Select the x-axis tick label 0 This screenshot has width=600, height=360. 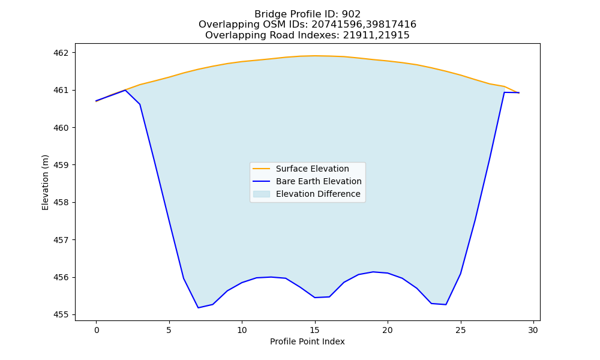[97, 330]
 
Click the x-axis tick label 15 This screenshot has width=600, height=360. [315, 330]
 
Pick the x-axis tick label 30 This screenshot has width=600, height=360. [533, 330]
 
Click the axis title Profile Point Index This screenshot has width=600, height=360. [307, 341]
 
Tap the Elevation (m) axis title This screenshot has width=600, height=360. [45, 182]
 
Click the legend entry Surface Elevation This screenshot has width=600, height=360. [312, 169]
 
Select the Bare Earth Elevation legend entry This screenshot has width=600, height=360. [319, 181]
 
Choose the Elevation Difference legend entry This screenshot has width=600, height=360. [318, 194]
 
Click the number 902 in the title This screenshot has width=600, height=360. [351, 14]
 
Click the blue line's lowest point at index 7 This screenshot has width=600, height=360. [198, 308]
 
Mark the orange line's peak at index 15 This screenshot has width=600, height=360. [315, 56]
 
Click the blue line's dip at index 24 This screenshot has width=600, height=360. [446, 305]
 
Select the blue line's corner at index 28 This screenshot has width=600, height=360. [505, 92]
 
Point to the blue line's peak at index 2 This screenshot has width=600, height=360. [125, 90]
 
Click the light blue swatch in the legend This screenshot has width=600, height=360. [262, 194]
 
